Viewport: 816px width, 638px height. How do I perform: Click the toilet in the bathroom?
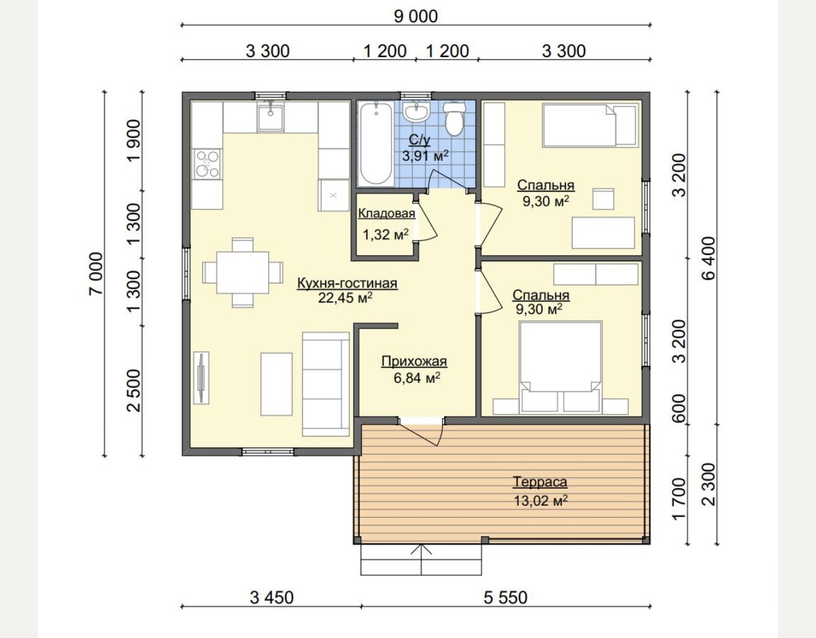coord(454,119)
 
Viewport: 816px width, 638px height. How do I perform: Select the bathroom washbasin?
coord(416,112)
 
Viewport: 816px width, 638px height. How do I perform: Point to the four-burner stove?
coord(207,164)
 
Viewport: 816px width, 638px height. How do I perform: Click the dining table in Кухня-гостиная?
coord(242,272)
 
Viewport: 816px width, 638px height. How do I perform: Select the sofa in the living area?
coord(326,384)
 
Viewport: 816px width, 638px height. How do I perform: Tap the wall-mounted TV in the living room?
coord(201,378)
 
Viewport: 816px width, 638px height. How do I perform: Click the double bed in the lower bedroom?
coord(560,366)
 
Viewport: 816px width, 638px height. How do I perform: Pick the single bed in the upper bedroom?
coord(590,125)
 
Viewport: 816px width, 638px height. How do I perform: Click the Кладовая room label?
coord(386,213)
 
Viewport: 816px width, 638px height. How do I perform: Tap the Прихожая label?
coord(414,361)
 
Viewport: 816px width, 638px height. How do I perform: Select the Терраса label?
coord(540,482)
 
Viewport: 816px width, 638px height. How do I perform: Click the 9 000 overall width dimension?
coord(416,16)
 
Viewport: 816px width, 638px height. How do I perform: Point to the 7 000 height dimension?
coord(96,273)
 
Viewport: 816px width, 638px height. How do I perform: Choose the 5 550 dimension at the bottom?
coord(505,597)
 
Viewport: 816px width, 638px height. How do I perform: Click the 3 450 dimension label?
coord(271,597)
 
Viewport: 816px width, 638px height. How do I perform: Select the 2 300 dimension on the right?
coord(709,484)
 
